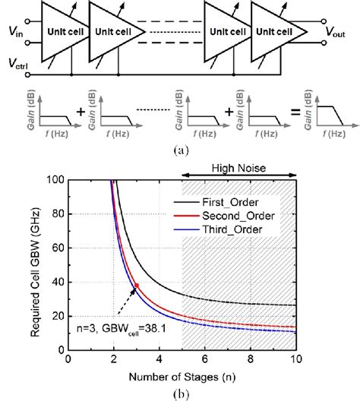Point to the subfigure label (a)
click(x=181, y=151)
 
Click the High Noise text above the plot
click(x=241, y=169)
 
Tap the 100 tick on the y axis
click(x=55, y=180)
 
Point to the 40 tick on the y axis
click(x=58, y=283)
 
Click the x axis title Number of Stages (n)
click(x=181, y=376)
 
